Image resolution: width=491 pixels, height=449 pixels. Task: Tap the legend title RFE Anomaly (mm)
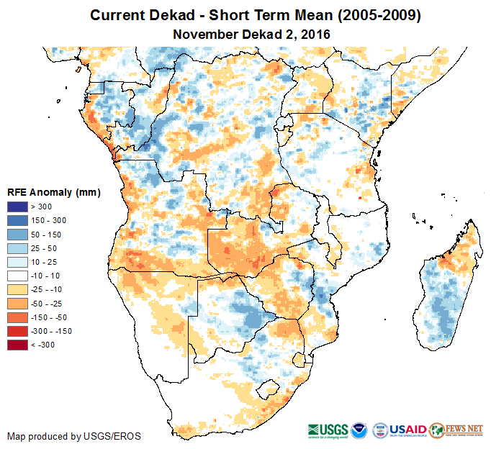click(x=53, y=193)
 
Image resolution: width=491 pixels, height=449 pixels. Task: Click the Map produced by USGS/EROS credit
click(x=74, y=436)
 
